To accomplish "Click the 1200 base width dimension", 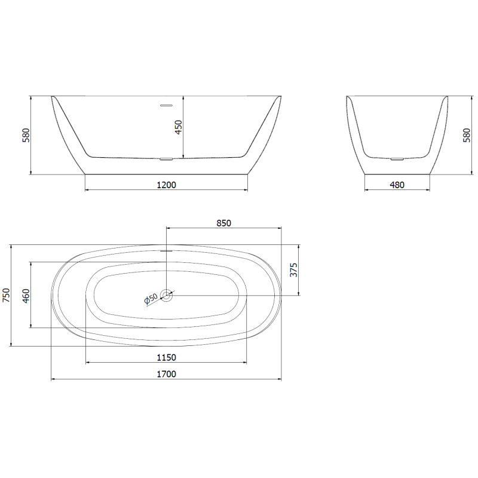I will click(x=166, y=185).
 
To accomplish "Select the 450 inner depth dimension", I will click(x=178, y=128).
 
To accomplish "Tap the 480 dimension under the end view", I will click(x=397, y=185).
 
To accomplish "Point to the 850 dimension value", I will click(x=223, y=223).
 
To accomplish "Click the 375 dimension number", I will click(x=293, y=270).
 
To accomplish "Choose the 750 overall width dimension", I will click(x=7, y=295).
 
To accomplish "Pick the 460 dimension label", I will click(x=26, y=295).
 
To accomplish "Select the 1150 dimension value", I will click(x=166, y=357).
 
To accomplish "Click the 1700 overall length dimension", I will click(x=166, y=374).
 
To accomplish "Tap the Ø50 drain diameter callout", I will click(x=151, y=298).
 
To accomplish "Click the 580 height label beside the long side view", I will click(x=26, y=136).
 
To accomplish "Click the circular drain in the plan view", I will click(x=167, y=295).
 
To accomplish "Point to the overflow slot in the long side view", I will click(x=166, y=105).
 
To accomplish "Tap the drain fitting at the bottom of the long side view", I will click(x=166, y=159).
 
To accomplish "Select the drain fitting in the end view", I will click(x=397, y=159).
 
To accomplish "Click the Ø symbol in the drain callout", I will click(x=147, y=301).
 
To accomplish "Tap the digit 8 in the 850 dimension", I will click(x=218, y=223).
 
